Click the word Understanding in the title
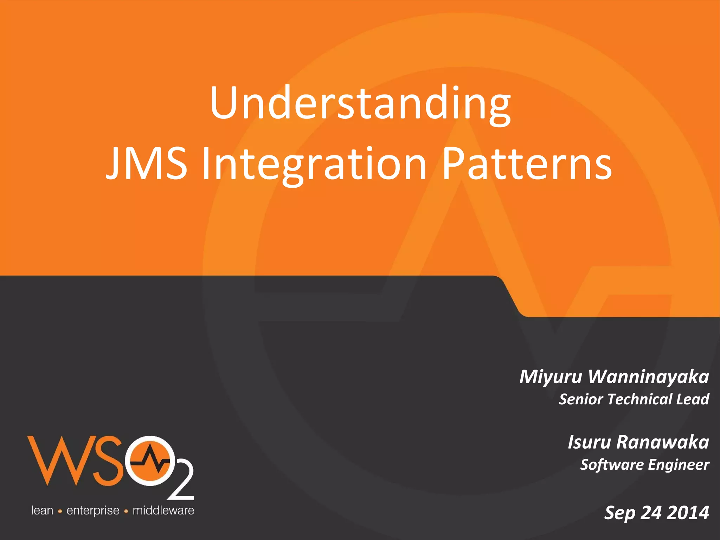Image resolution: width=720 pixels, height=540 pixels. click(x=360, y=104)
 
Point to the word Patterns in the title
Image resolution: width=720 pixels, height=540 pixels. click(x=526, y=164)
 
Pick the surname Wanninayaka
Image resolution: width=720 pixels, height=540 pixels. click(x=648, y=377)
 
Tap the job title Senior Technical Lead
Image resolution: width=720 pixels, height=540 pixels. click(x=634, y=399)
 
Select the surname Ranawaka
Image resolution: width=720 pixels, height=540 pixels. click(x=662, y=442)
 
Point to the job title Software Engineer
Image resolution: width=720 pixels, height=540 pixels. click(x=644, y=465)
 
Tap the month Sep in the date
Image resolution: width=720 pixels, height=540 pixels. click(x=620, y=513)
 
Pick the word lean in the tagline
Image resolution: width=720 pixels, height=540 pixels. click(x=42, y=510)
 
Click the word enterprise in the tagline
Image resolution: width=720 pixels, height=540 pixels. click(x=93, y=511)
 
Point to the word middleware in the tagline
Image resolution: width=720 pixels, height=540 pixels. click(x=163, y=510)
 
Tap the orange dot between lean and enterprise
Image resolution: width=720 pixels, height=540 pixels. click(x=60, y=512)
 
